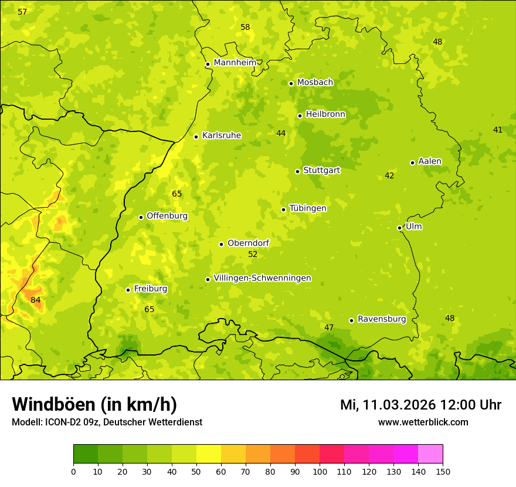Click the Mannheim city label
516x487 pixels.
coord(235,63)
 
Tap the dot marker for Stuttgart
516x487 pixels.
coord(298,171)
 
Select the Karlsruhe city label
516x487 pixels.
coord(222,136)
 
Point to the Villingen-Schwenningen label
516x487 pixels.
coord(262,278)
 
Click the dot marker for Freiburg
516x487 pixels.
coord(128,290)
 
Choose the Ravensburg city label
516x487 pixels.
coord(382,319)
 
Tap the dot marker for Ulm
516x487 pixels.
coord(400,228)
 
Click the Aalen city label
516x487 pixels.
coord(430,161)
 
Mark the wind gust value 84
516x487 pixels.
coord(36,300)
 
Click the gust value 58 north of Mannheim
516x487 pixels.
coord(245,28)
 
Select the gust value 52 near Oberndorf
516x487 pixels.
coord(253,255)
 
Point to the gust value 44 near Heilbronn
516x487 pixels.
coord(281,134)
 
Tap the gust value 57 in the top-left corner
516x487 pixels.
coord(22,12)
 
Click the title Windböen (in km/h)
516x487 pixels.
coord(94,405)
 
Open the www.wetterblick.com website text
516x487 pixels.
coord(423,422)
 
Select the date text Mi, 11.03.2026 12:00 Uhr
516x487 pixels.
coord(420,405)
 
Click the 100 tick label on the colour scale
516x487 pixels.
coord(320,471)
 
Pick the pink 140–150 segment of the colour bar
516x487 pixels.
coord(430,454)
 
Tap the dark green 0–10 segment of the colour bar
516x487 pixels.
coord(86,454)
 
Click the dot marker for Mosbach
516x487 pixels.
coord(291,83)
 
